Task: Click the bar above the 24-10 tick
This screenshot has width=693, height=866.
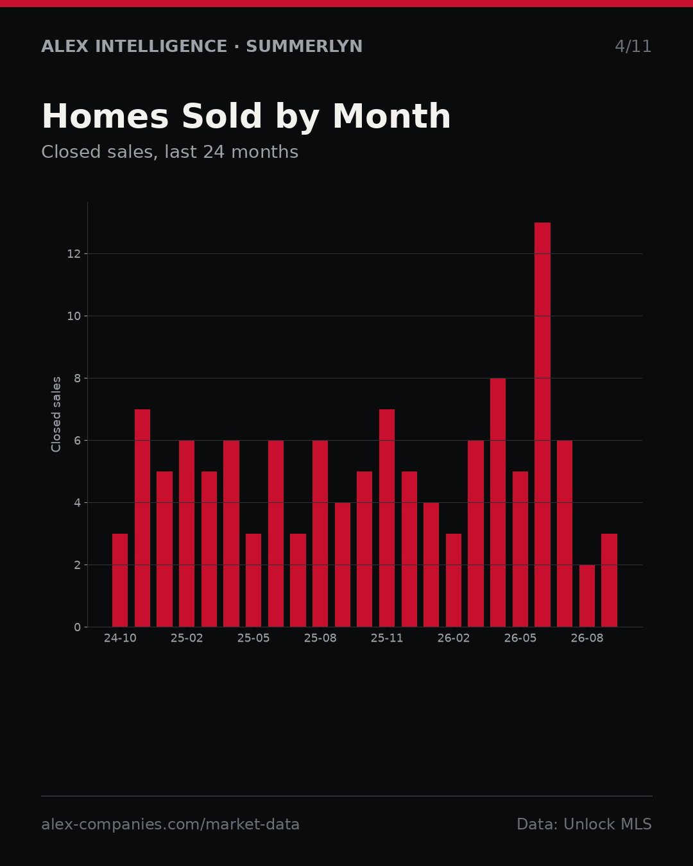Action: [x=120, y=580]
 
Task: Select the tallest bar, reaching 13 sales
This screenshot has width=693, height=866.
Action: [x=542, y=425]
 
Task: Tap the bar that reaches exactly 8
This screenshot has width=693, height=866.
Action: [x=498, y=502]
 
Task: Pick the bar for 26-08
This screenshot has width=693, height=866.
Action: [x=586, y=595]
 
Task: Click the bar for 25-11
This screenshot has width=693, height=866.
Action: [x=386, y=518]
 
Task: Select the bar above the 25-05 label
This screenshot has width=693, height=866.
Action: [x=253, y=580]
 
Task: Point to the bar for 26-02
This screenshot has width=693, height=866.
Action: [x=454, y=580]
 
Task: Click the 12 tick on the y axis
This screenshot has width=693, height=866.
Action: [x=74, y=254]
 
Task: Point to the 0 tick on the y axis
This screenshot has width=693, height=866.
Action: [x=77, y=627]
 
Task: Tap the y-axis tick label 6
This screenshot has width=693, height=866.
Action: [x=77, y=441]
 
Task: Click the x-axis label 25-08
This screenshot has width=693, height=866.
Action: [x=320, y=638]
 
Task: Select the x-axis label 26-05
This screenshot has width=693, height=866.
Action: [x=520, y=638]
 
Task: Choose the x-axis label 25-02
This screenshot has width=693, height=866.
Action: [x=187, y=638]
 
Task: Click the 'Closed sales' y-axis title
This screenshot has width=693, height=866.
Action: [x=56, y=414]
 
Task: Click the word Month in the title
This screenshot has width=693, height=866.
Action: [x=391, y=116]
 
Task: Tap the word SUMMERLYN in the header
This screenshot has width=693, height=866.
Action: [x=304, y=46]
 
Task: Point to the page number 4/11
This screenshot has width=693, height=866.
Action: [x=633, y=46]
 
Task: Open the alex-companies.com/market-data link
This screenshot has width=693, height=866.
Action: [x=170, y=824]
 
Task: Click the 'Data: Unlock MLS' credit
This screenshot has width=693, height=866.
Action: [x=584, y=824]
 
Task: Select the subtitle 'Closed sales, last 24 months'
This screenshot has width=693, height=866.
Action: [x=170, y=152]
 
